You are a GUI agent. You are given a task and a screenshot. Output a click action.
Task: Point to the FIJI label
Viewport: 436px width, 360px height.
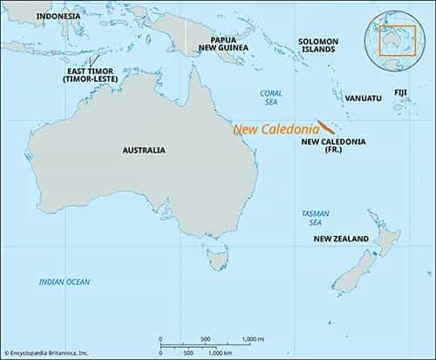[x=402, y=91]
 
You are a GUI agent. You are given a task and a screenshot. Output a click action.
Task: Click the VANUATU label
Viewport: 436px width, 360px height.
[x=363, y=98]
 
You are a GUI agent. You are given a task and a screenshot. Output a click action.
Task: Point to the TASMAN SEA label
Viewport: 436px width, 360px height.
[x=314, y=218]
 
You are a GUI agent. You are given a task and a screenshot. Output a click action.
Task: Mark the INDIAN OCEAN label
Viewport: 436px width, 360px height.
[x=64, y=281]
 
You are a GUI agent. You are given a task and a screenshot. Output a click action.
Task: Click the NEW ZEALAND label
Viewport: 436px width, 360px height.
[x=347, y=238]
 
